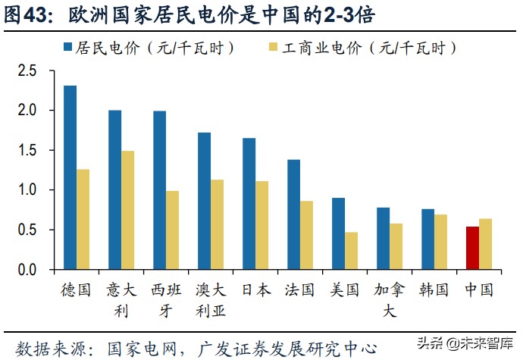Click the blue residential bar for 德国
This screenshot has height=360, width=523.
tap(70, 177)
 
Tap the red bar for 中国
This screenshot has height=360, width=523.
tap(472, 248)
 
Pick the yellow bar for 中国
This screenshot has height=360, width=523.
tap(485, 244)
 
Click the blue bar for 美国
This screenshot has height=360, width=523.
tap(338, 233)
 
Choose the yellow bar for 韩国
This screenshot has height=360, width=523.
tap(440, 242)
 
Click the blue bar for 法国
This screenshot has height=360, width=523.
tap(293, 214)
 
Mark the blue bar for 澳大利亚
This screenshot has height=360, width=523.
tap(204, 201)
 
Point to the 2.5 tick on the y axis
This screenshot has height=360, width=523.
tap(27, 70)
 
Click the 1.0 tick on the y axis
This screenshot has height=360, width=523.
tap(27, 190)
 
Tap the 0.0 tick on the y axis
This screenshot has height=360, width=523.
tap(27, 270)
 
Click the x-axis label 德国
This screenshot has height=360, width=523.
tap(76, 290)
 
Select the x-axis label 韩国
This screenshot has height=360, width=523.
tap(434, 290)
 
